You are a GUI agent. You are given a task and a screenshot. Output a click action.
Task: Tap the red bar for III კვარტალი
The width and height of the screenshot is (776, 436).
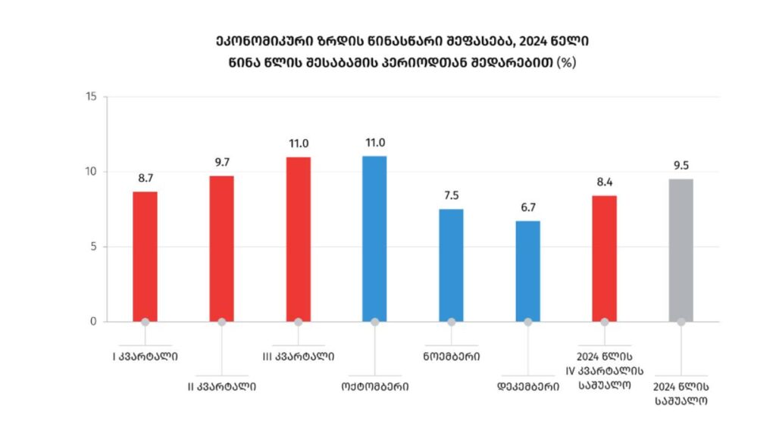[298, 238]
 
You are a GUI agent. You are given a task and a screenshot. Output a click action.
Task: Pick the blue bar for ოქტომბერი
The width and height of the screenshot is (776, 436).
[374, 238]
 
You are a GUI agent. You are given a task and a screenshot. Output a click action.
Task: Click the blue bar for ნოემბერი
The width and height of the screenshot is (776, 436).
[451, 265]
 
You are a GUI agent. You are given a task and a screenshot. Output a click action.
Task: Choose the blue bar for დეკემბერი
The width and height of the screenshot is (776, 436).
[527, 271]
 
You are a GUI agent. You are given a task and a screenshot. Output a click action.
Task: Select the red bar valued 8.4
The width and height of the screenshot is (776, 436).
[604, 258]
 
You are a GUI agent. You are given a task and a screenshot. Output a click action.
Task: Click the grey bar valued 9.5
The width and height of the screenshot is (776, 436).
[681, 250]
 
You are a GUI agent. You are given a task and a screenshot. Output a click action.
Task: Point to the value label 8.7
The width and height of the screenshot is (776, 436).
[145, 179]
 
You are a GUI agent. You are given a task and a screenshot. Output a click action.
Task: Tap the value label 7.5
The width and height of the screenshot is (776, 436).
[451, 196]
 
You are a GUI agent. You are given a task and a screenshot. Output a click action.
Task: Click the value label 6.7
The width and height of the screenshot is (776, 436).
[527, 208]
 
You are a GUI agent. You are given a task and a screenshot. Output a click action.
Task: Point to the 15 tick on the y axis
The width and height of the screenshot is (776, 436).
[92, 97]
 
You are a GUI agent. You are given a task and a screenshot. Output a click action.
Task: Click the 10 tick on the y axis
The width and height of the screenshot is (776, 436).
[92, 172]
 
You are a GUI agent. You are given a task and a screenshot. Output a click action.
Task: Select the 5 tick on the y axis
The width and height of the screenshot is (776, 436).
[94, 247]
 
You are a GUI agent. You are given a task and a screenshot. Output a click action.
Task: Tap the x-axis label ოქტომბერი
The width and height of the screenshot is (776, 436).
[374, 386]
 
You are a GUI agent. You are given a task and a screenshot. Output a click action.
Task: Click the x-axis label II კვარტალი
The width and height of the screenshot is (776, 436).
[221, 386]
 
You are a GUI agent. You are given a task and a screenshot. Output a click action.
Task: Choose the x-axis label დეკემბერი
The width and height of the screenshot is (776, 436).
[527, 386]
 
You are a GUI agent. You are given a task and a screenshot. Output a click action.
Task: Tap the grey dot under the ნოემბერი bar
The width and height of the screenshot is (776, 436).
[451, 322]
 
